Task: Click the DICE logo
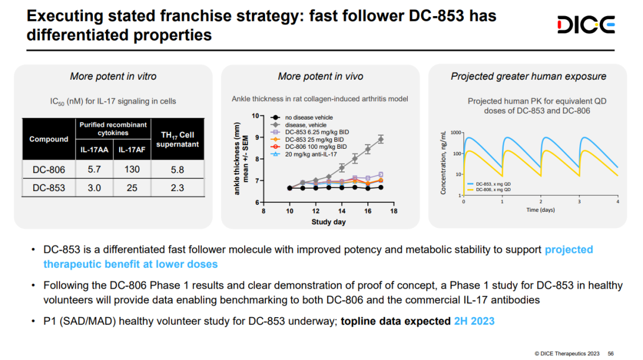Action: click(x=586, y=26)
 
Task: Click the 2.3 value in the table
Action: click(x=177, y=188)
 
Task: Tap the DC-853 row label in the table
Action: click(x=49, y=188)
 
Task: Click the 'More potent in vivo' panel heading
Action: click(x=320, y=76)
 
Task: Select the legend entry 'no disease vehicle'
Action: click(x=308, y=118)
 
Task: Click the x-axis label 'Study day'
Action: click(x=329, y=223)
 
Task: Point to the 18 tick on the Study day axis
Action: click(x=394, y=211)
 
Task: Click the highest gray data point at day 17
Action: click(x=381, y=139)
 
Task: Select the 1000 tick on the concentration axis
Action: click(x=456, y=132)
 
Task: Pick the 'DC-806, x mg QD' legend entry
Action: click(x=493, y=190)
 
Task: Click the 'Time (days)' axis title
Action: click(x=540, y=210)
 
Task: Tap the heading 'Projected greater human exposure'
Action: click(x=528, y=76)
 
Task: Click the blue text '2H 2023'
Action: click(x=474, y=321)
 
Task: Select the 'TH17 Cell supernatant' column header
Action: click(x=177, y=139)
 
